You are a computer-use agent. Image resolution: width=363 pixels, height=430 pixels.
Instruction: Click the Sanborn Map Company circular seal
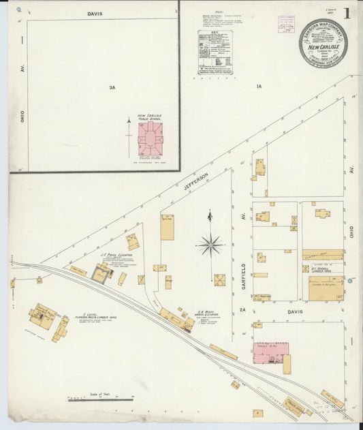pyautogui.click(x=322, y=43)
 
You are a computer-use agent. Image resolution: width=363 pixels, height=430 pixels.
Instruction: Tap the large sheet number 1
pyautogui.click(x=347, y=13)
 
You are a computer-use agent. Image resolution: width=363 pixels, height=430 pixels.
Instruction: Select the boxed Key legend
pyautogui.click(x=215, y=52)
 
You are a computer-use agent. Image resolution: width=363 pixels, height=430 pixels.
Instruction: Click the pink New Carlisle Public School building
pyautogui.click(x=150, y=138)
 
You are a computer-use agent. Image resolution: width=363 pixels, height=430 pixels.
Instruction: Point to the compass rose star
pyautogui.click(x=210, y=243)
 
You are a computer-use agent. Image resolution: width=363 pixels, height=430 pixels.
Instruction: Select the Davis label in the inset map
pyautogui.click(x=95, y=14)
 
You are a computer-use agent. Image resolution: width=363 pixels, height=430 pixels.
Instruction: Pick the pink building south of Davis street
pyautogui.click(x=270, y=352)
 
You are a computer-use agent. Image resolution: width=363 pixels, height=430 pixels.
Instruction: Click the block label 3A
pyautogui.click(x=112, y=87)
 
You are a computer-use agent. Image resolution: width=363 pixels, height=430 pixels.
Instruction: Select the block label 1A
pyautogui.click(x=259, y=87)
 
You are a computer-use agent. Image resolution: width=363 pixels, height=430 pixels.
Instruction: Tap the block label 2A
pyautogui.click(x=242, y=310)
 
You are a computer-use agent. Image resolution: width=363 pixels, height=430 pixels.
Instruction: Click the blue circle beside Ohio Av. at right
pyautogui.click(x=350, y=281)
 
